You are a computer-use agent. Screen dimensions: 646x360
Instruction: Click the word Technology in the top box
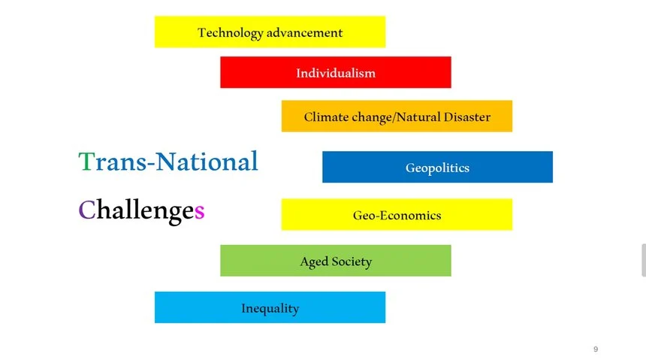click(231, 33)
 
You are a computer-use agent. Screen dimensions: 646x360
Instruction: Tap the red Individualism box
click(335, 72)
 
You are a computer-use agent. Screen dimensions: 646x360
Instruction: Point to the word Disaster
click(466, 116)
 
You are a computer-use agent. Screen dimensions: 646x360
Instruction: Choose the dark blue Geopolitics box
click(437, 167)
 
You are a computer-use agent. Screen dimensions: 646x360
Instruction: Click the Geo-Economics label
click(397, 215)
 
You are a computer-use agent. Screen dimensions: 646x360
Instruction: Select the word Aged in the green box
click(314, 262)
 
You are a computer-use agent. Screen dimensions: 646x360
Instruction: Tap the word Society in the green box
click(352, 262)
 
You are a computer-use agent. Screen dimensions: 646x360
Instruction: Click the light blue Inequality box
click(270, 307)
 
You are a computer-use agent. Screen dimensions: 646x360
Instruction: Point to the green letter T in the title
click(86, 162)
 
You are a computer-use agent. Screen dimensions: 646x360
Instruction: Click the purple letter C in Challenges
click(87, 210)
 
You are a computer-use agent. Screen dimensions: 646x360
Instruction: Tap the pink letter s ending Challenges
click(199, 212)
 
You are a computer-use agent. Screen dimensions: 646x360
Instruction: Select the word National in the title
click(207, 162)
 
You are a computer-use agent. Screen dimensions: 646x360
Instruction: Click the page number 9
click(596, 349)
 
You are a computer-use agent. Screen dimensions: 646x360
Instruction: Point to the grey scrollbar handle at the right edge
click(644, 260)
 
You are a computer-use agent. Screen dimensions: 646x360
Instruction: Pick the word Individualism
click(336, 73)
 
